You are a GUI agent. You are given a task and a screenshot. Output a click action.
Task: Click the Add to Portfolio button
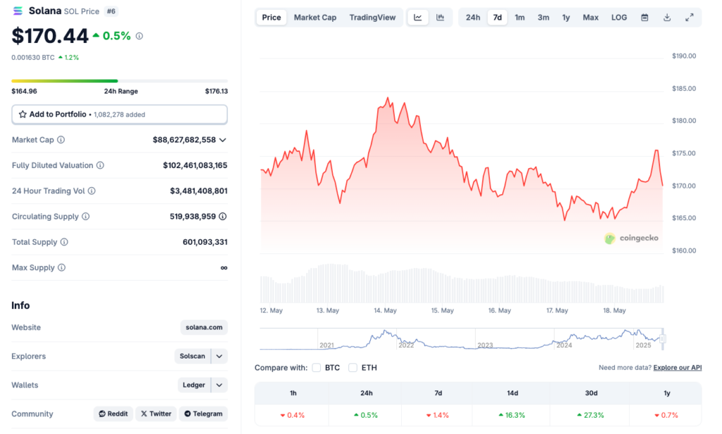coord(119,114)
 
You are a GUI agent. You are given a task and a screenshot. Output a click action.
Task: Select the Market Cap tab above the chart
coord(314,18)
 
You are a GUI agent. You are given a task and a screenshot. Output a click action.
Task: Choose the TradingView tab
coord(372,18)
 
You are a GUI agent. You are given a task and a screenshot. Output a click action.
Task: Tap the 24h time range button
coord(472,18)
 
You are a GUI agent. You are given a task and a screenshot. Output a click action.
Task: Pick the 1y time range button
coord(566,18)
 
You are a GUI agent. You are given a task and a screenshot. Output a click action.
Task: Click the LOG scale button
coord(619,18)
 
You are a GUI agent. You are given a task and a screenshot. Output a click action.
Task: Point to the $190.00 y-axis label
coord(684,56)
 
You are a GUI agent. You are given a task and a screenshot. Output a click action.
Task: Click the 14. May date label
coord(385,311)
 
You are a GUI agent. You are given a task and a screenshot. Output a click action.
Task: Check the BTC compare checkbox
coord(317,368)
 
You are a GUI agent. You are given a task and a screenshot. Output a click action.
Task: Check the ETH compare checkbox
coord(353,368)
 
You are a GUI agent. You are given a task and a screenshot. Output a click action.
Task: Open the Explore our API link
coord(678,368)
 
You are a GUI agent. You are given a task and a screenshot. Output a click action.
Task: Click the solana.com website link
coord(204,327)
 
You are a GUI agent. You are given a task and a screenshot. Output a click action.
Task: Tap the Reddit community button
coord(113,414)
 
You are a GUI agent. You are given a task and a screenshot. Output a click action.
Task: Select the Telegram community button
coord(203,414)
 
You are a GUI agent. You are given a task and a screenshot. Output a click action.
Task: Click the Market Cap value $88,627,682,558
coord(184,140)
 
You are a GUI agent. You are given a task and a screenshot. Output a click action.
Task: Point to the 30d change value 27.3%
coord(591,415)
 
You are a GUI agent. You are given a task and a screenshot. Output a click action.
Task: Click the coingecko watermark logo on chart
coord(631,239)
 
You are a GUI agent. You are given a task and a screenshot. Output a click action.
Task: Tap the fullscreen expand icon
coord(690,18)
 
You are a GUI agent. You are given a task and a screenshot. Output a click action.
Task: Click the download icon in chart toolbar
coord(667,18)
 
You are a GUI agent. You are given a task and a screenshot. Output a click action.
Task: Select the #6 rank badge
coord(111,11)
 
